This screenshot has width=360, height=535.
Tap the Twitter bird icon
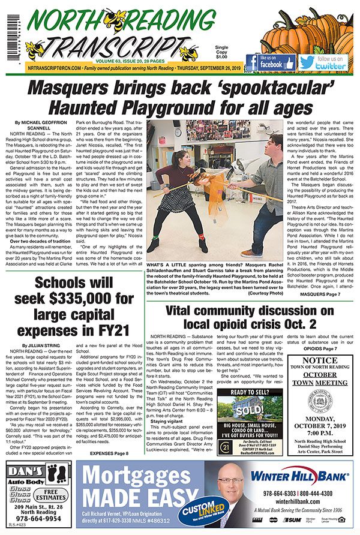[x=307, y=62]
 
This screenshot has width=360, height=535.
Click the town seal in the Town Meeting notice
[x=316, y=399]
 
